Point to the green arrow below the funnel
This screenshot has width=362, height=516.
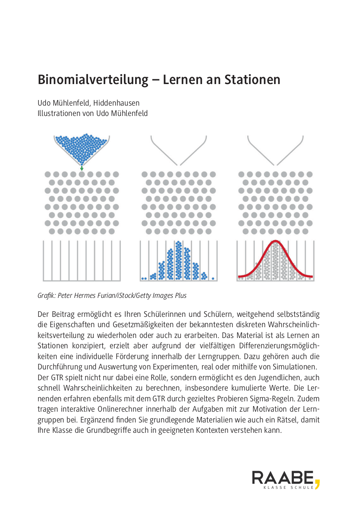click(x=82, y=169)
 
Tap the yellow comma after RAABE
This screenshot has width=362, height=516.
click(x=318, y=484)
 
